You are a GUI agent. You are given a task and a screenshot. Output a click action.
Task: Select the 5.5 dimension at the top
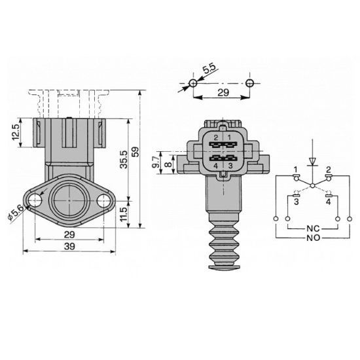coord(209,69)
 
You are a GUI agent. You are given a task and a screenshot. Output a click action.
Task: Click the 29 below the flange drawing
coord(69,233)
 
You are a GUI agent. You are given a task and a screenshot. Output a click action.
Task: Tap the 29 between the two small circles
coord(222,94)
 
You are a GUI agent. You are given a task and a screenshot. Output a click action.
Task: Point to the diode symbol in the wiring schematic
coord(313,160)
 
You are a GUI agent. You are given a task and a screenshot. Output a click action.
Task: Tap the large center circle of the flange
coord(69,200)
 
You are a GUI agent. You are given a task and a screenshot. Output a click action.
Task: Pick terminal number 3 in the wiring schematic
coord(297,202)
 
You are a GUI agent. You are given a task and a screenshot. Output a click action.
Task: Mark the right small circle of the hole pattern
coord(250,82)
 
